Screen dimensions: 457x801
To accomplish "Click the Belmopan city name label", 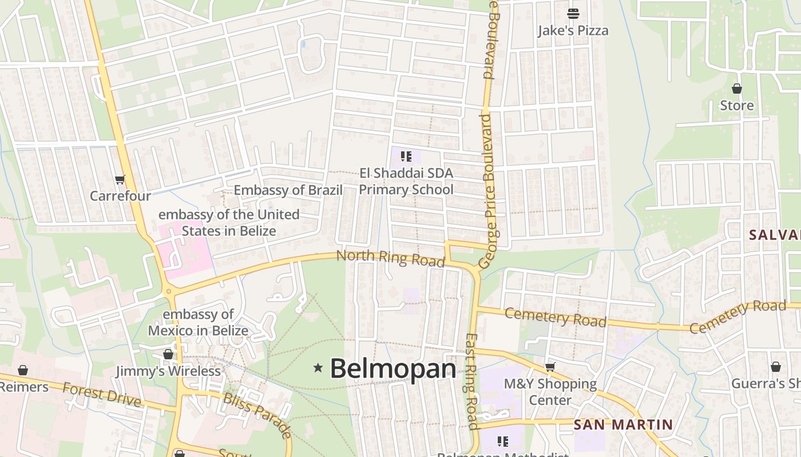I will click(393, 369).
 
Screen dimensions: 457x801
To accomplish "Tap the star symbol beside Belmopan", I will click(319, 368).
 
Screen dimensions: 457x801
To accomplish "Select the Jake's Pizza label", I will click(573, 30).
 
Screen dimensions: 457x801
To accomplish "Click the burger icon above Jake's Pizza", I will click(573, 13).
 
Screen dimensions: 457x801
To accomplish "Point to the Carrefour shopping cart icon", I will click(120, 180).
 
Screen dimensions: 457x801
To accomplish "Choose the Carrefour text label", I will click(120, 196).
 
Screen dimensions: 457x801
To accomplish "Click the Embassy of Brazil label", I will click(288, 190).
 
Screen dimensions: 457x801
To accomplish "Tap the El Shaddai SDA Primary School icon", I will click(406, 157).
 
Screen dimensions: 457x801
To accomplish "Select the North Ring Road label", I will click(390, 258).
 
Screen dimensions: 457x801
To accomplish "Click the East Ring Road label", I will click(472, 381).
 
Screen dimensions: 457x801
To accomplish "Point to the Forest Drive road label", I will click(101, 394).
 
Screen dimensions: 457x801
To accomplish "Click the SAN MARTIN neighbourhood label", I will click(623, 424).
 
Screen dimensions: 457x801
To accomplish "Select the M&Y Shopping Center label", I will click(550, 392).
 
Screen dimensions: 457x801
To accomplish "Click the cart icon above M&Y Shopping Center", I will click(550, 367).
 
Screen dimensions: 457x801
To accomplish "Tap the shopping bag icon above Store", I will click(737, 89).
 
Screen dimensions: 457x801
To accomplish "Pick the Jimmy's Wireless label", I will click(168, 371).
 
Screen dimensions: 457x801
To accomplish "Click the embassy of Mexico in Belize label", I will click(198, 322).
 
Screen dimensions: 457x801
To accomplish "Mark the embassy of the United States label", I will click(229, 223).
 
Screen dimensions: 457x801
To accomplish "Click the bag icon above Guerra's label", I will click(776, 367).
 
